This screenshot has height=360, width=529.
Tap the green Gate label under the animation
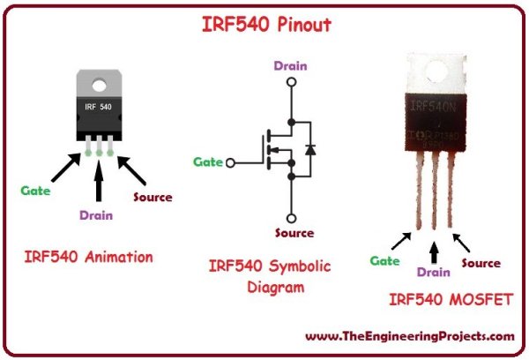pos(36,190)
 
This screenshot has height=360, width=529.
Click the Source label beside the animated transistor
pos(153,197)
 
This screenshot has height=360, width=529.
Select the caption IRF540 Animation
pos(88,258)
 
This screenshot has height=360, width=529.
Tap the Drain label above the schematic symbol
pos(290,65)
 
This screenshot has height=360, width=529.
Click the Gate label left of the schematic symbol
pos(209,162)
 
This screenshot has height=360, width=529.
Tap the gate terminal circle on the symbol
pos(232,162)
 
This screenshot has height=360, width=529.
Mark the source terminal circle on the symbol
pos(291,216)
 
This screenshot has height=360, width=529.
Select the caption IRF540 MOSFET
pos(451,301)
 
